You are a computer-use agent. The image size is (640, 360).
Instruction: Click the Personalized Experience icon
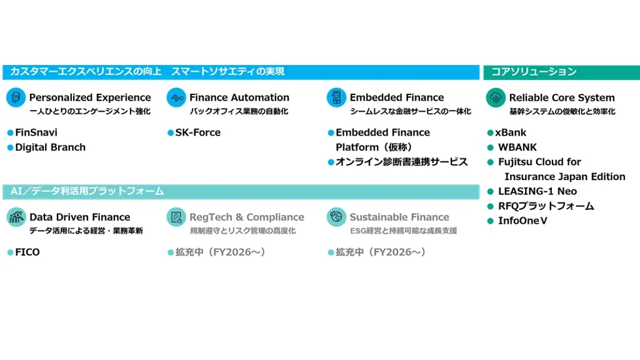click(16, 97)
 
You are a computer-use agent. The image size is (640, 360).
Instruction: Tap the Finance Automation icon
click(176, 97)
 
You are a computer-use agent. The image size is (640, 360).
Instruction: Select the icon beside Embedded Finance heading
click(336, 97)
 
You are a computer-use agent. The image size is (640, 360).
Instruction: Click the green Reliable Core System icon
click(496, 97)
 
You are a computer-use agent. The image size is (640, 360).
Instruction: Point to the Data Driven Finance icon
click(16, 217)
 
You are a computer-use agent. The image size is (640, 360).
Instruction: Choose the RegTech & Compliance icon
click(176, 217)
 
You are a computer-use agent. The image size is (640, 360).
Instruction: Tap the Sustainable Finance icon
click(336, 217)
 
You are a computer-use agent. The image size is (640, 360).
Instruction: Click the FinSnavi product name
click(36, 132)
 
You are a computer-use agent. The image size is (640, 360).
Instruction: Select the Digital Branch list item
click(50, 147)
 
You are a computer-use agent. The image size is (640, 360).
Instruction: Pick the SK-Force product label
click(198, 132)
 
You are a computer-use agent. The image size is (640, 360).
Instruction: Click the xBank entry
click(511, 132)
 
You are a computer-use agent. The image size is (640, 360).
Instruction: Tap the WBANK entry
click(517, 147)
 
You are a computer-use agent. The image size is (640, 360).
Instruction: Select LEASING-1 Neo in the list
click(537, 191)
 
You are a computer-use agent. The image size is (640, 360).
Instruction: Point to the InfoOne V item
click(522, 221)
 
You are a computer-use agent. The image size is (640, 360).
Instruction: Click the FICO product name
click(27, 252)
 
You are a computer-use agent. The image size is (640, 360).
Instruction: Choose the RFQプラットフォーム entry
click(546, 206)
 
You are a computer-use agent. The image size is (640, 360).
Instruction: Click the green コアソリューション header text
click(534, 72)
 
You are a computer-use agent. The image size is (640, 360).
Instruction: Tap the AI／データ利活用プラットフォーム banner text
click(87, 191)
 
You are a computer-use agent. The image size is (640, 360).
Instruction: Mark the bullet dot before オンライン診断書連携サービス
click(331, 162)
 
